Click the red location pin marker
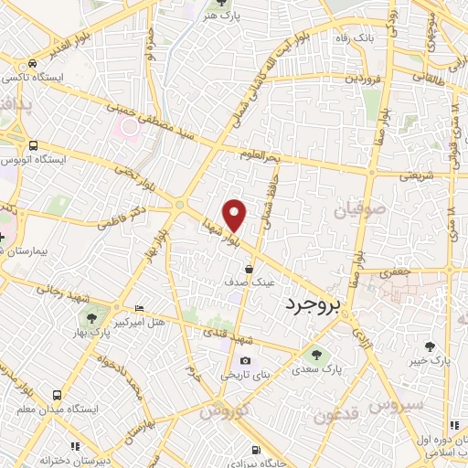tap(236, 213)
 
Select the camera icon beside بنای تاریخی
tap(244, 360)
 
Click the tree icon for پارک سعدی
tap(317, 356)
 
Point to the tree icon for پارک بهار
tap(91, 318)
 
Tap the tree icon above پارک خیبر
tap(431, 346)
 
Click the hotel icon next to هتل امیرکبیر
tap(138, 309)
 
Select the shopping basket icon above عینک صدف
tap(250, 268)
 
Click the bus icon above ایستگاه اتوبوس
tap(34, 145)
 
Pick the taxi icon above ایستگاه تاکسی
tap(33, 64)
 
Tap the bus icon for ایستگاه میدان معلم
tap(57, 395)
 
